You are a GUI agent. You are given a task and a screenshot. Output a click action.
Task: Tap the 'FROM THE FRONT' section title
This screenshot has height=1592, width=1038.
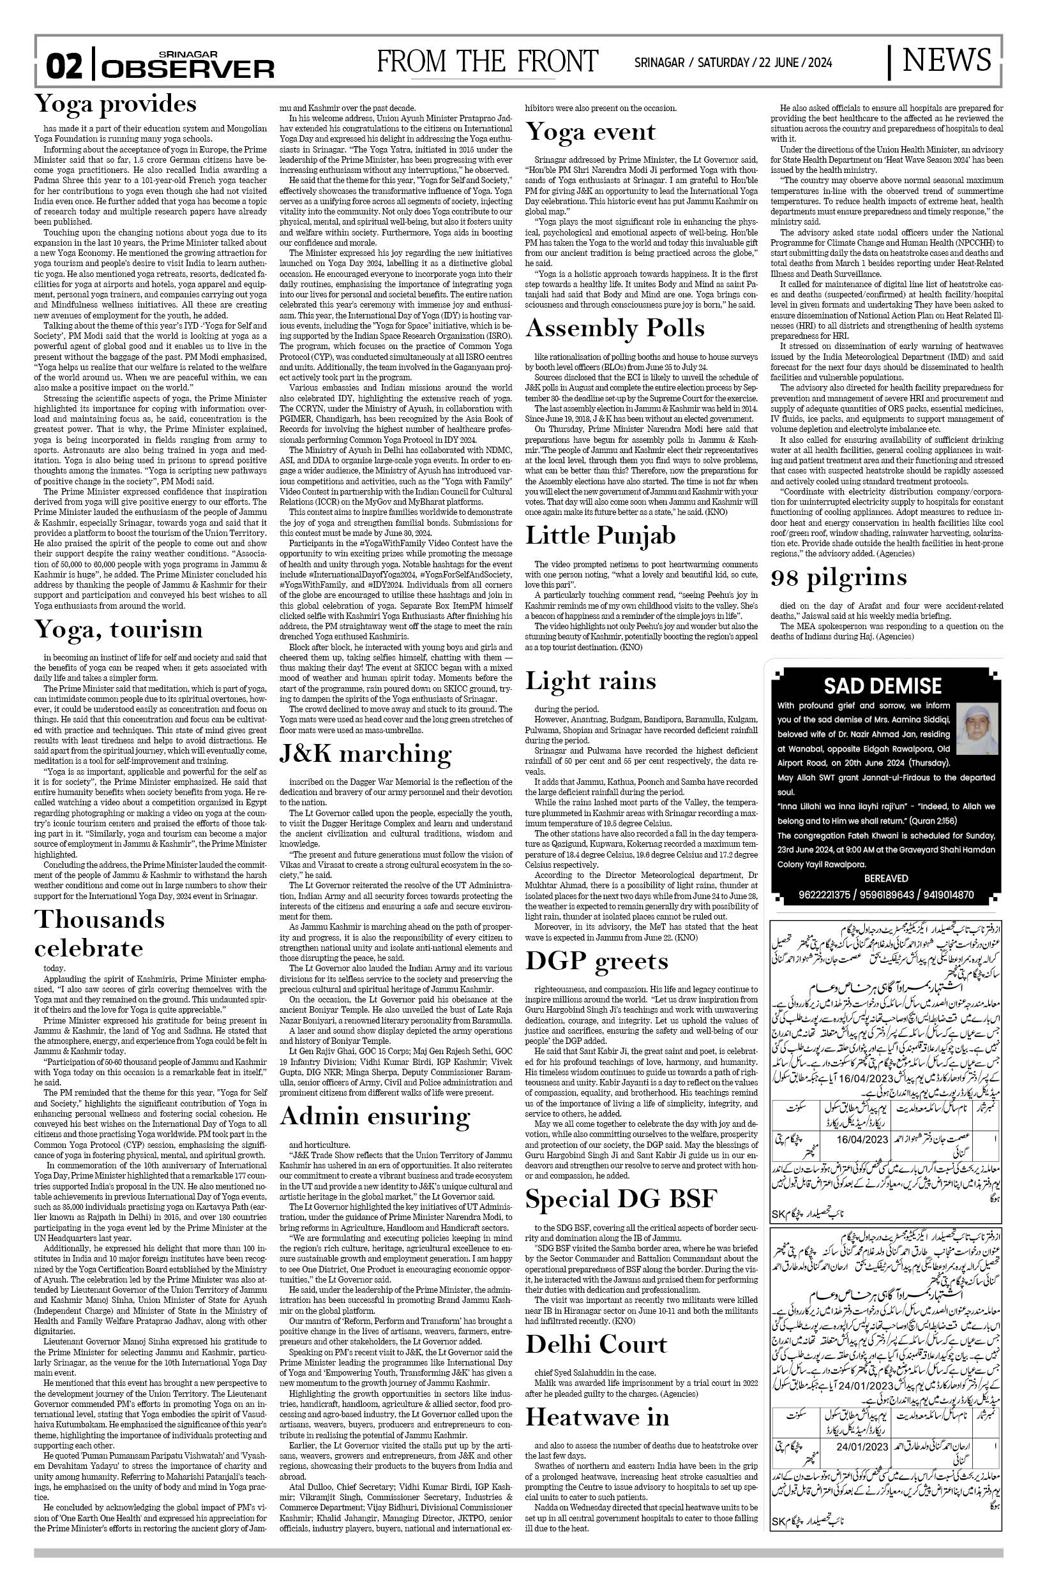coord(486,62)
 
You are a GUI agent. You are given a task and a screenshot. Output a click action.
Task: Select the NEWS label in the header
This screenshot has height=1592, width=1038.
coord(946,61)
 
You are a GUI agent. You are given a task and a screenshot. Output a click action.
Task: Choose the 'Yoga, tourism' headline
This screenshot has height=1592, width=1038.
coord(119,629)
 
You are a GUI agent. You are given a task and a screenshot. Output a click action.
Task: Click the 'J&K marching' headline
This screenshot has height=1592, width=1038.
coord(365,753)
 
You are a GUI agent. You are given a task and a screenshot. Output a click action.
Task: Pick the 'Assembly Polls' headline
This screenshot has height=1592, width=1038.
coord(614,328)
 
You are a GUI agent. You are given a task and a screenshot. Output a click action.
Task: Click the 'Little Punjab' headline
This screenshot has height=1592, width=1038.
coord(599,535)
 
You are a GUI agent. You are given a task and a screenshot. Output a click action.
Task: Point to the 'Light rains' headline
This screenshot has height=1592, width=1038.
coord(590,681)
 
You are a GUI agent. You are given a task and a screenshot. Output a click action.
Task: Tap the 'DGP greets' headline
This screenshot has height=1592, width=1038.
coord(596,961)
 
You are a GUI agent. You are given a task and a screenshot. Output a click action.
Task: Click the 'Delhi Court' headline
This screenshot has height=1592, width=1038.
coord(596,1327)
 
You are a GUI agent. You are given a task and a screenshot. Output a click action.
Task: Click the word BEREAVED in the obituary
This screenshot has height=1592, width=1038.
coord(886,877)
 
